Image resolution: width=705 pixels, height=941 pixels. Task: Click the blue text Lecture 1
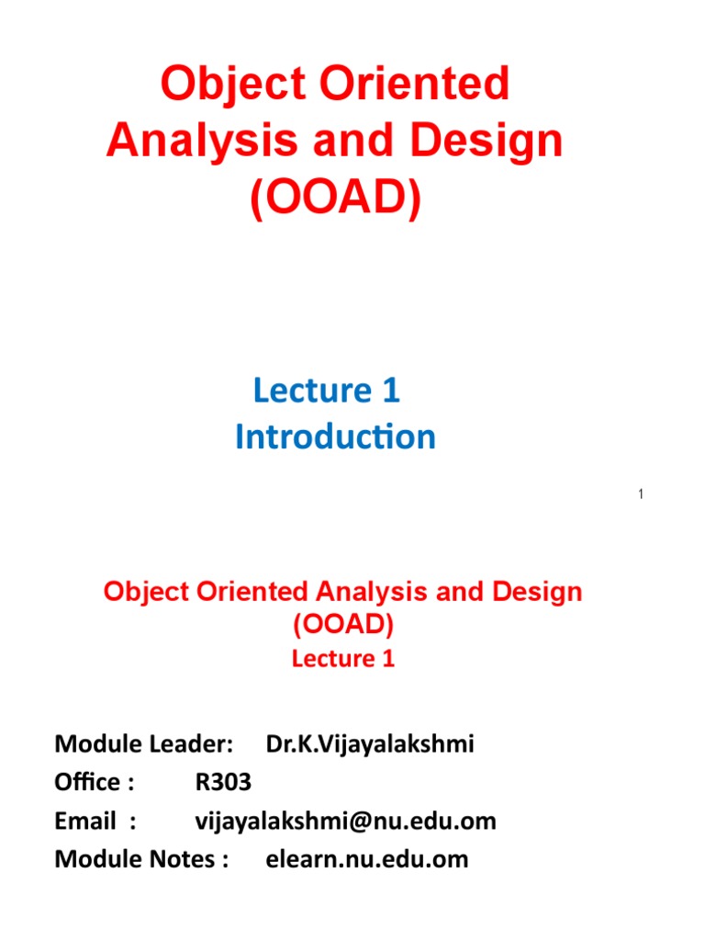pyautogui.click(x=327, y=391)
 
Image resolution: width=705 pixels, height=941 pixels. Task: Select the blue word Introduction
pyautogui.click(x=335, y=437)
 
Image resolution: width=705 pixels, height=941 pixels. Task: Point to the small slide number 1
pyautogui.click(x=640, y=495)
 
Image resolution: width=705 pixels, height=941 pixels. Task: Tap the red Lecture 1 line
pyautogui.click(x=343, y=659)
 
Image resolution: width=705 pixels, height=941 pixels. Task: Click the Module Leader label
pyautogui.click(x=144, y=743)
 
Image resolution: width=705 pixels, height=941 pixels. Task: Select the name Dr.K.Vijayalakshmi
pyautogui.click(x=370, y=743)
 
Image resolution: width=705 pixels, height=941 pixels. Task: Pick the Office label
pyautogui.click(x=95, y=782)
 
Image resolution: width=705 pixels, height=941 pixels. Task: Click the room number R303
pyautogui.click(x=223, y=782)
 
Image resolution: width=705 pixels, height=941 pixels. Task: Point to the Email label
pyautogui.click(x=95, y=821)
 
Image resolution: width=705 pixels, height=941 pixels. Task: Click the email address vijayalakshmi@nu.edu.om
pyautogui.click(x=346, y=821)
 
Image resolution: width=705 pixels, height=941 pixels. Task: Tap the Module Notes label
pyautogui.click(x=141, y=859)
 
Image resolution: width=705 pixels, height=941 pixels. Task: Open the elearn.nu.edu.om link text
pyautogui.click(x=367, y=859)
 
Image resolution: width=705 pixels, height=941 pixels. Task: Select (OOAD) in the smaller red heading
pyautogui.click(x=343, y=625)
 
